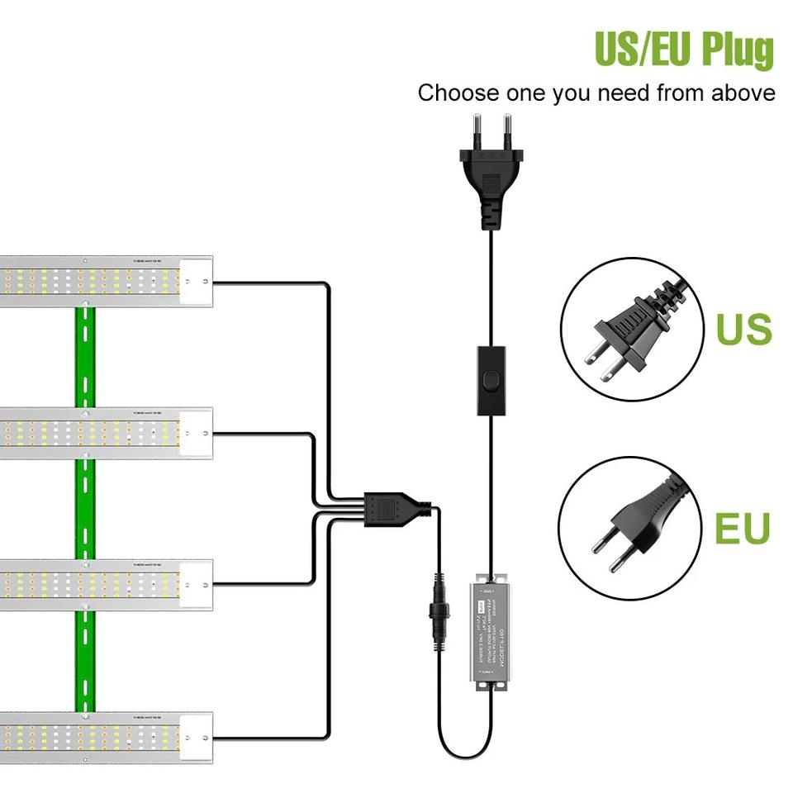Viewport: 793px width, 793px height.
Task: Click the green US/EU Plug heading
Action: coord(684,49)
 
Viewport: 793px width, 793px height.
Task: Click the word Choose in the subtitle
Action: coord(453,93)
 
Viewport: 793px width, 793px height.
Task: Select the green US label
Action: coord(743,328)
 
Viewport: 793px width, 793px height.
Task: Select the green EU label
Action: coord(742,529)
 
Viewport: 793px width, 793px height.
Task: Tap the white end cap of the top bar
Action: coord(197,282)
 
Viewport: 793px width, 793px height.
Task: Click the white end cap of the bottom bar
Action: coord(197,737)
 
